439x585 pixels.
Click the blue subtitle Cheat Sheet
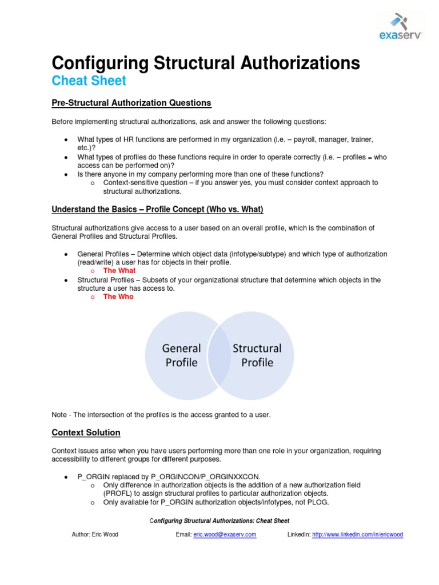point(89,81)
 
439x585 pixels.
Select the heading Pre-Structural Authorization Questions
point(131,103)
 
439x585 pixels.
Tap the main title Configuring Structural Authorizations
point(206,63)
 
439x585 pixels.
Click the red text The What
point(119,270)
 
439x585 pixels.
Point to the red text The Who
point(118,296)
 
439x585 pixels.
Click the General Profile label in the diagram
point(181,355)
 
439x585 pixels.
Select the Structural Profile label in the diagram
point(257,355)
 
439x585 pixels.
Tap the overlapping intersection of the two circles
point(219,355)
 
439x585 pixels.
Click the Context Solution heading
point(86,432)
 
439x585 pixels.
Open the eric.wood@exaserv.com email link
point(225,535)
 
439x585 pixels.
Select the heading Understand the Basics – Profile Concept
point(157,209)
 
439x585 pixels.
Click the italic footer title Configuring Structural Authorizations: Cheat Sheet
point(219,521)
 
